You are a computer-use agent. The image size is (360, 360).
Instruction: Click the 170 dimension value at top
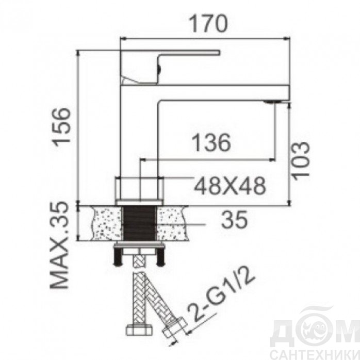point(208,24)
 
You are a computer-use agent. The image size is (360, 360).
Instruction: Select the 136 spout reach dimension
point(211,142)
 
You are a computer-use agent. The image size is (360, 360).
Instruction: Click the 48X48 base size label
point(230,186)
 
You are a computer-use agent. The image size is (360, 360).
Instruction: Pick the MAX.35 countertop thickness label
point(60,245)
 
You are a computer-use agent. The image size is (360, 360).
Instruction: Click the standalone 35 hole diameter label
point(235,220)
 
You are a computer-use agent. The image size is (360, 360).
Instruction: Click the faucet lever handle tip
point(219,53)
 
